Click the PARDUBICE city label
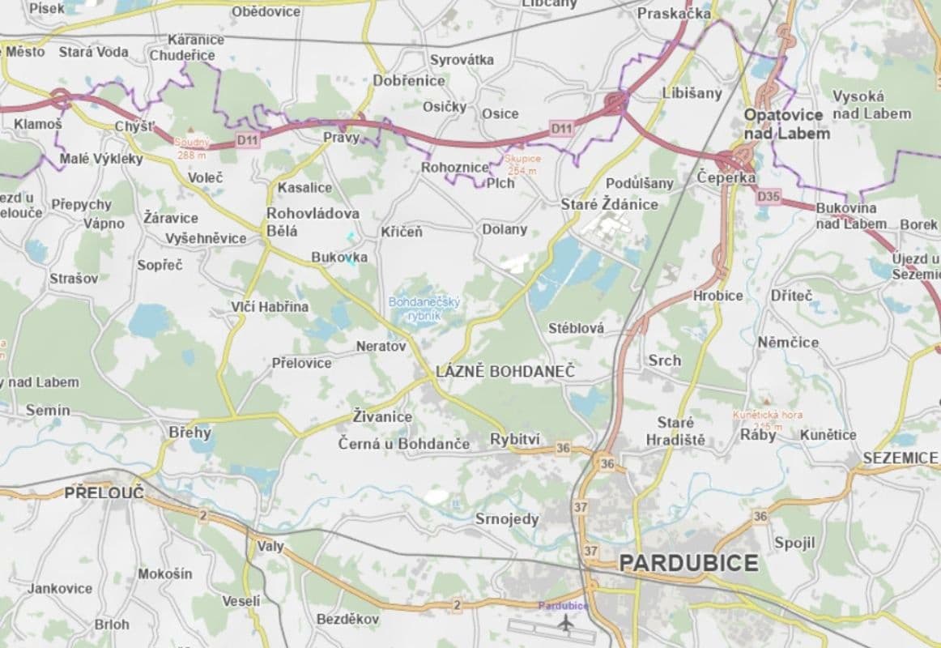pos(688,563)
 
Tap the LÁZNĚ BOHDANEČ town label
pos(505,372)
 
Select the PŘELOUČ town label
pos(104,492)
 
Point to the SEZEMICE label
pos(899,458)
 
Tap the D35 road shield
pos(769,196)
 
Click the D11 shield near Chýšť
pos(248,140)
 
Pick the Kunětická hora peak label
pos(767,420)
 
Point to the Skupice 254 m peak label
pos(522,164)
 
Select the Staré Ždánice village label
pos(609,204)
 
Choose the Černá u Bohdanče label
pos(403,444)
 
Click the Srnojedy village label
pos(506,519)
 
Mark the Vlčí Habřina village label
pos(270,306)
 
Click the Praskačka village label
pos(674,14)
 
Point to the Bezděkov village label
pos(347,619)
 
